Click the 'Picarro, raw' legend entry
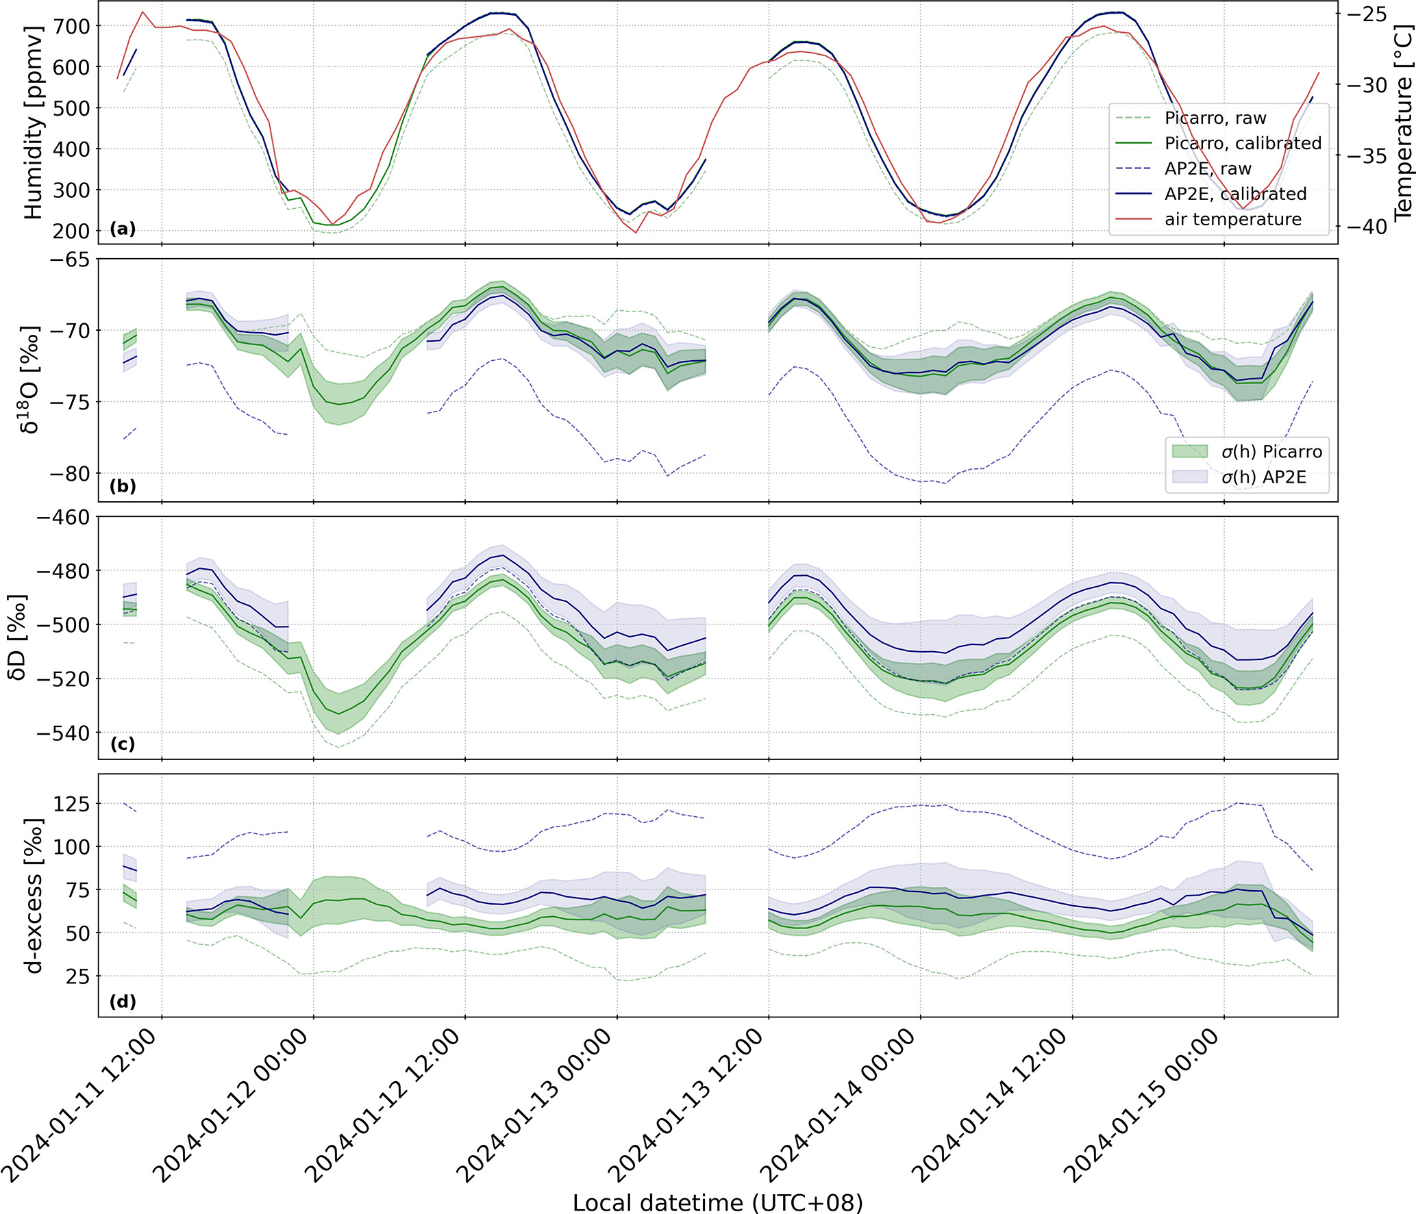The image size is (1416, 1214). point(1215,118)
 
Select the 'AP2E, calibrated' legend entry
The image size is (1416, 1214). point(1235,194)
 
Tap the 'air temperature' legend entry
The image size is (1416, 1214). point(1232,219)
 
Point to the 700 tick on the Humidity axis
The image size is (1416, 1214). point(71,27)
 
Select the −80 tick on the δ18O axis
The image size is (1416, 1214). point(69,474)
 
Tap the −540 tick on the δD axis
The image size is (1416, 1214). point(63,733)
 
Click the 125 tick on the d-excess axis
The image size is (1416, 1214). point(71,804)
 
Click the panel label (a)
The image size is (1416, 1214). point(123,229)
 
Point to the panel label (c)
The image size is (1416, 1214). point(123,744)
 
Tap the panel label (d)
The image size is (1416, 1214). point(123,1002)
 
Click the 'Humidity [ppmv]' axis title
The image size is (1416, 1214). point(33,123)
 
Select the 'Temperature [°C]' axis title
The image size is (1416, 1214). point(1403,123)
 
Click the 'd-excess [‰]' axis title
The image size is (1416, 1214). point(33,895)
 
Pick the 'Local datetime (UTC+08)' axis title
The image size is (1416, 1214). point(717,1202)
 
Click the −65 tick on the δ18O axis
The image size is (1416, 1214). point(69,260)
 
